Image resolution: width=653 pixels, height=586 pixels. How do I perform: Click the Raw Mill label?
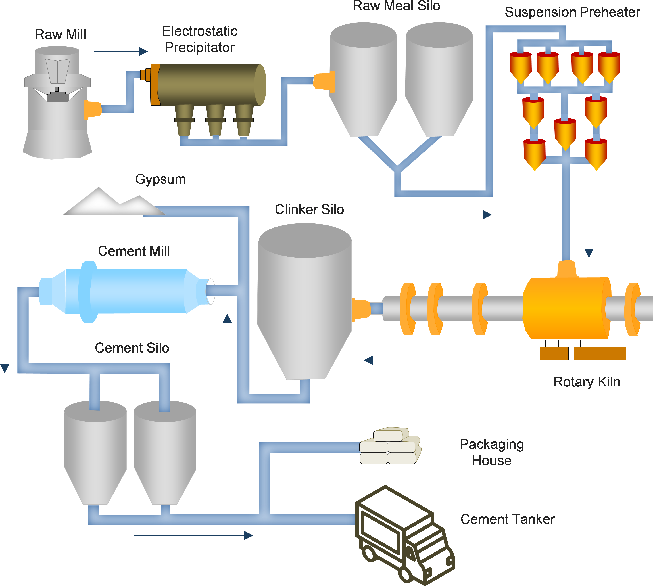[x=61, y=35]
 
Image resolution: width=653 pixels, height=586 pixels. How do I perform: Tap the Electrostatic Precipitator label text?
[x=199, y=39]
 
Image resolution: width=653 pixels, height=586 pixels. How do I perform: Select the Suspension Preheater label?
[x=572, y=12]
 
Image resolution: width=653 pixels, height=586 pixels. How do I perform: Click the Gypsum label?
[x=160, y=179]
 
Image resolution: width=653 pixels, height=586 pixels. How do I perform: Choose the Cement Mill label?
[x=134, y=251]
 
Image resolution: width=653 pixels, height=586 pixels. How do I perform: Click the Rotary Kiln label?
[x=586, y=382]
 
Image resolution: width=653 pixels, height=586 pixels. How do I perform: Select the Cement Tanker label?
[x=508, y=519]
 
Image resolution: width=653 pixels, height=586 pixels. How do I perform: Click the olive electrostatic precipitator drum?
[x=209, y=84]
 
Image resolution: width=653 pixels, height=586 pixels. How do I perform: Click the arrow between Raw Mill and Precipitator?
[x=121, y=51]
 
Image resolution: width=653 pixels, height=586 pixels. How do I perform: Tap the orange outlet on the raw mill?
[x=92, y=110]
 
